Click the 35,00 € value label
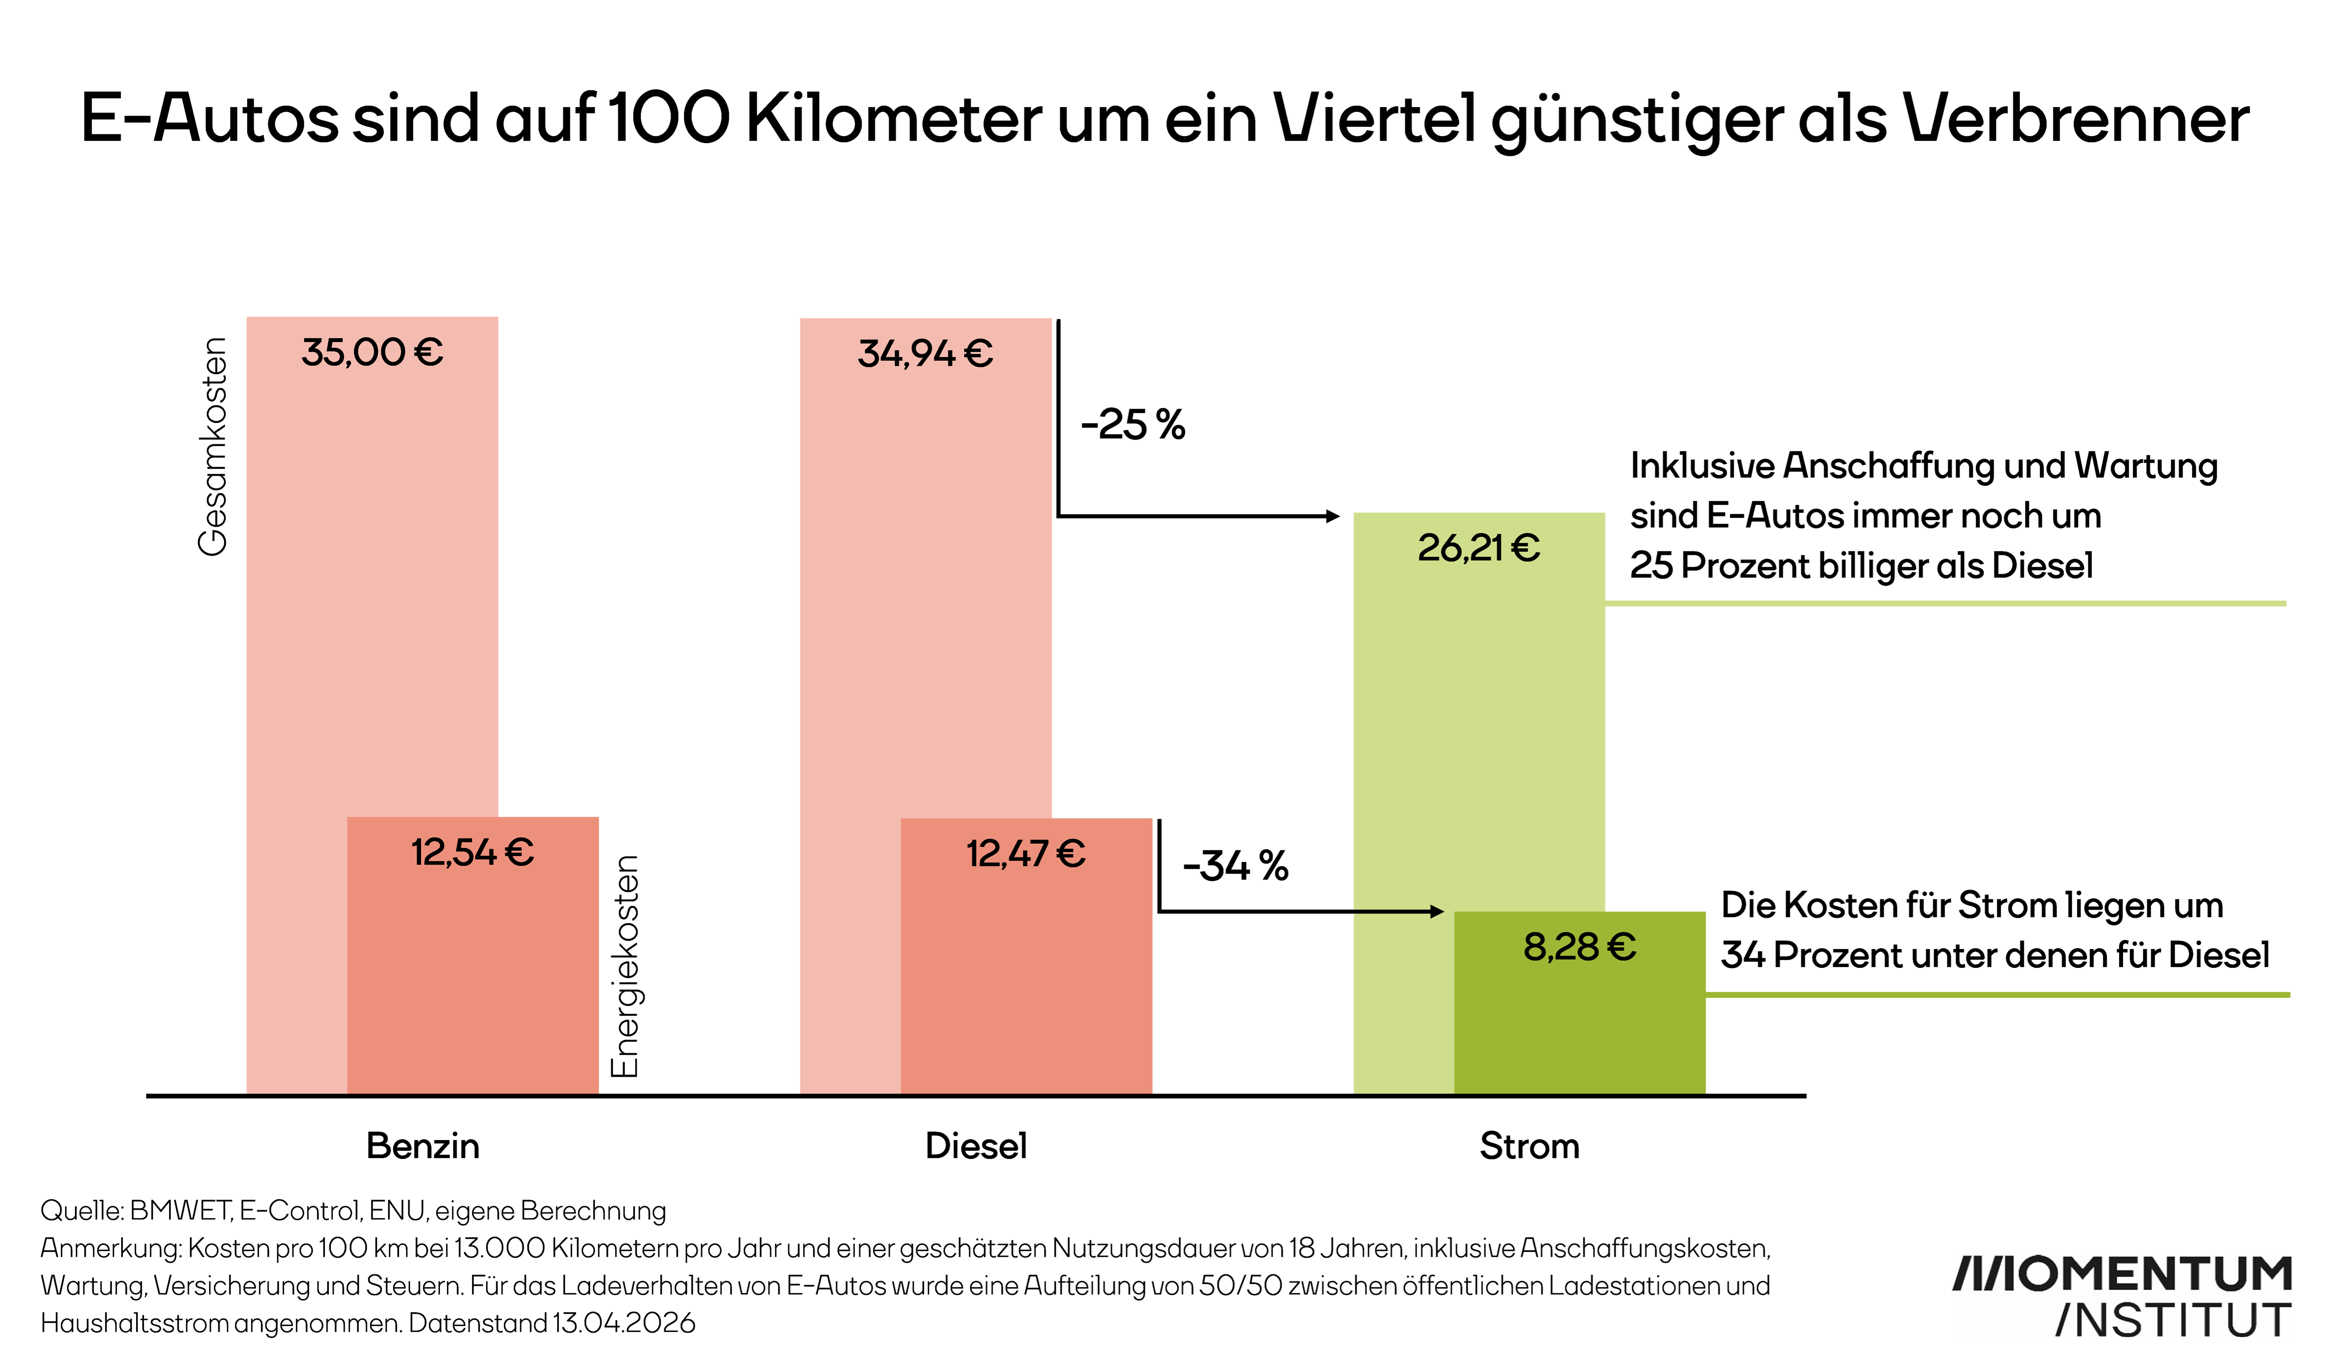coord(372,352)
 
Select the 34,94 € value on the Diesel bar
coord(925,353)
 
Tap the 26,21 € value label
coord(1478,548)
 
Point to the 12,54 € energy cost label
coord(472,852)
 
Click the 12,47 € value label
coord(1025,853)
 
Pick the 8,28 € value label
coord(1579,947)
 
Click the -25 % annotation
coord(1133,425)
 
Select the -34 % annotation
coord(1235,866)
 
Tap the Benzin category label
coord(423,1146)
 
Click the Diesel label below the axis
coord(975,1146)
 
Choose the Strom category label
coord(1529,1146)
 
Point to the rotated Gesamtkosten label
coord(213,447)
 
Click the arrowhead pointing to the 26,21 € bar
coord(1333,516)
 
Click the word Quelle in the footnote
coord(80,1211)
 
